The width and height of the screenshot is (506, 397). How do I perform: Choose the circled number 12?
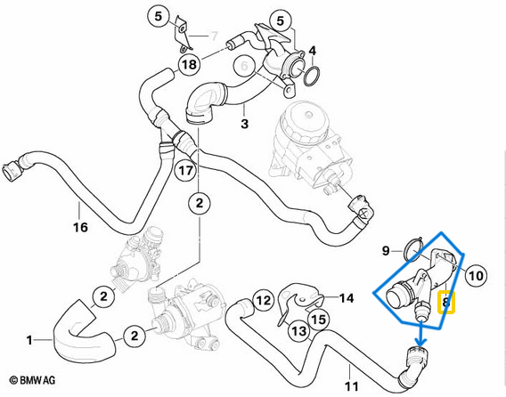pyautogui.click(x=261, y=302)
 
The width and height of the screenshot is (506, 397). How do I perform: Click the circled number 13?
pyautogui.click(x=298, y=332)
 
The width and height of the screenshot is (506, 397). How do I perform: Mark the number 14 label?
pyautogui.click(x=346, y=298)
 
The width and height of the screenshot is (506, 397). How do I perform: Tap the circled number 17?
pyautogui.click(x=185, y=168)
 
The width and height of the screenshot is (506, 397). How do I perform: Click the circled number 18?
pyautogui.click(x=188, y=64)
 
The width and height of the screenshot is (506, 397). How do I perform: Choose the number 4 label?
pyautogui.click(x=312, y=49)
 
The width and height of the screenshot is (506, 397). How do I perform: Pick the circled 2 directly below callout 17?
pyautogui.click(x=200, y=202)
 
